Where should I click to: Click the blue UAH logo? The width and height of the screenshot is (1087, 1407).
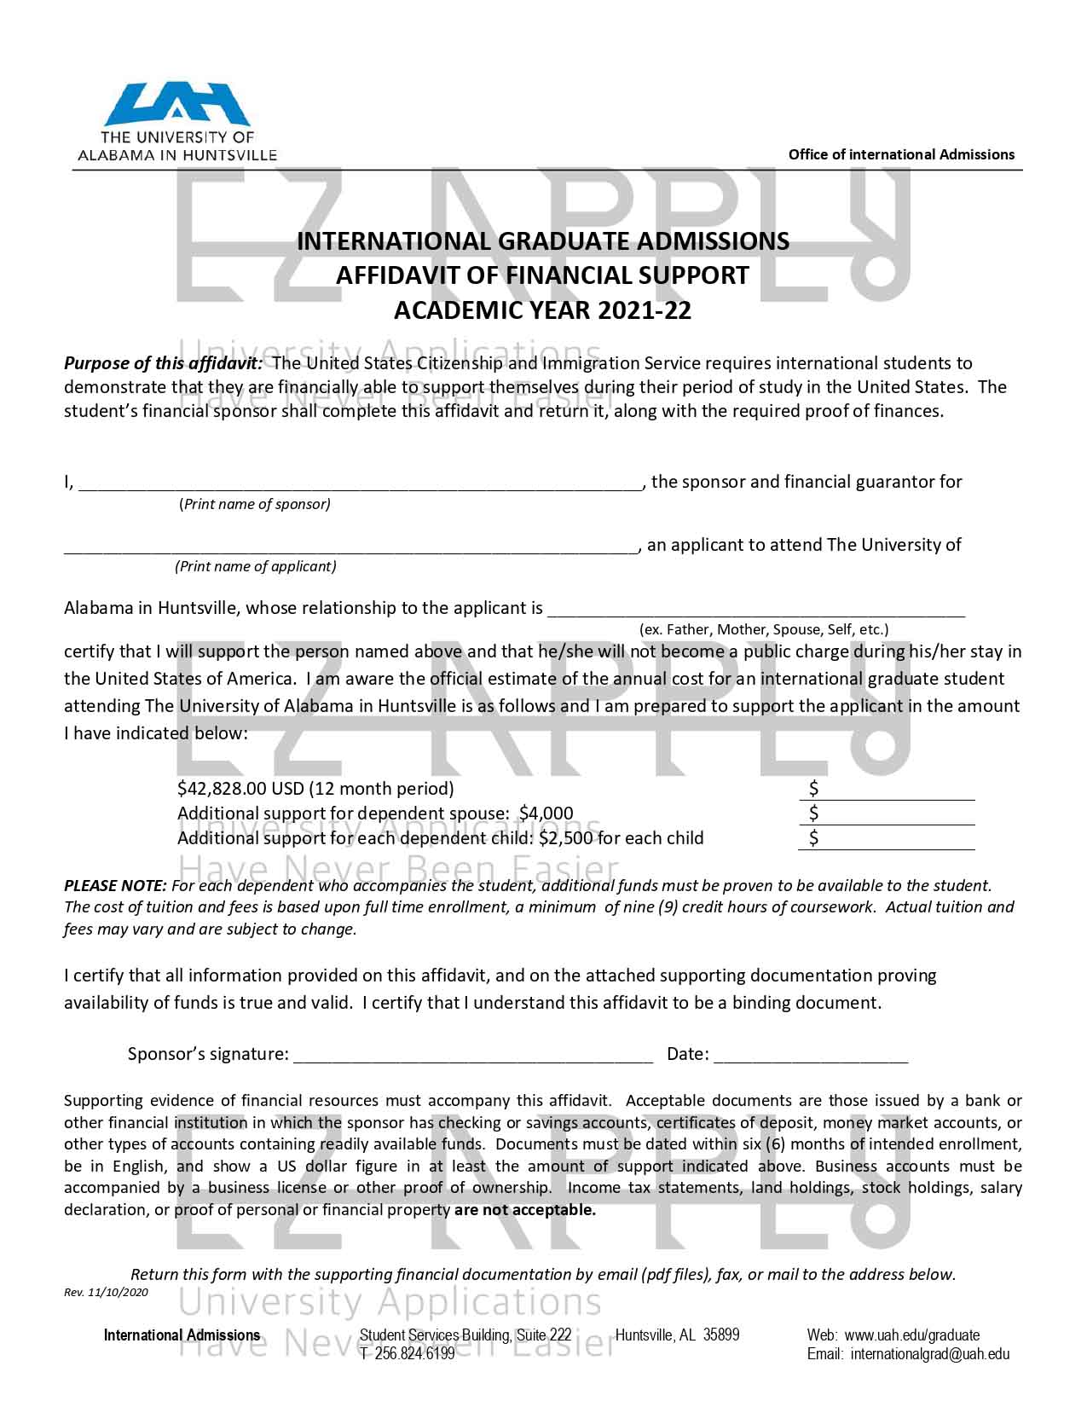(176, 105)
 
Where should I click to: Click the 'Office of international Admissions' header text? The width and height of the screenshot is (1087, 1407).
(901, 154)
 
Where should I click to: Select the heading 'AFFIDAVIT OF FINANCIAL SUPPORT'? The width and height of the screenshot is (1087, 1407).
(542, 275)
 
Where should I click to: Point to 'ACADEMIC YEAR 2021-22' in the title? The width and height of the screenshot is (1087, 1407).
(542, 310)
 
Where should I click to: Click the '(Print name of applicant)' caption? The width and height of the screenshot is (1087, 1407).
(256, 566)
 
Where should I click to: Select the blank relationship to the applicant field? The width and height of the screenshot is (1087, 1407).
(755, 610)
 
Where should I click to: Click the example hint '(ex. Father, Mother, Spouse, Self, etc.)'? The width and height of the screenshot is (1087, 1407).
(764, 630)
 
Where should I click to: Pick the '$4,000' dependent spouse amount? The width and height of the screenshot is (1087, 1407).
(546, 814)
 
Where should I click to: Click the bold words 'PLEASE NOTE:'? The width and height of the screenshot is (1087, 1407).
(115, 886)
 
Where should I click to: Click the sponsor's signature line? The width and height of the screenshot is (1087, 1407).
(473, 1056)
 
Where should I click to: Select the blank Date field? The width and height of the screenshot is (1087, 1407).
(810, 1056)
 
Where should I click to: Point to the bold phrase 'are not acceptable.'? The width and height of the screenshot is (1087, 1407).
(525, 1210)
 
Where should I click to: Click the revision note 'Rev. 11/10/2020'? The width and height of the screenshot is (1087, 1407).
(107, 1293)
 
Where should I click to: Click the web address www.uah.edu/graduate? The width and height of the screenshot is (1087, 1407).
(911, 1335)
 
